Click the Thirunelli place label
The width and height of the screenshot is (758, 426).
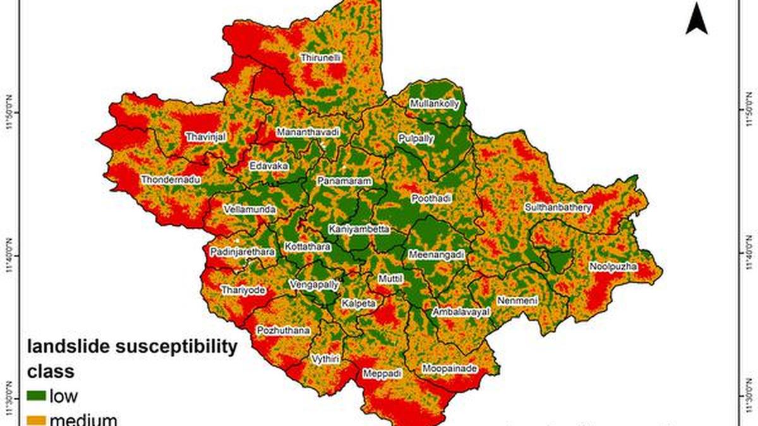(321, 57)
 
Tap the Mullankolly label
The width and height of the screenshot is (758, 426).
(435, 104)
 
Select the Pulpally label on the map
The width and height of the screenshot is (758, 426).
(416, 139)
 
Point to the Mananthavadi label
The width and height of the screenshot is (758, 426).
(308, 133)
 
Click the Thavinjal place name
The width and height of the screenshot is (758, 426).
(205, 136)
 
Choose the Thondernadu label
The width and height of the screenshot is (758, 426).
(171, 180)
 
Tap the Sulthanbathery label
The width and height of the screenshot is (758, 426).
(558, 207)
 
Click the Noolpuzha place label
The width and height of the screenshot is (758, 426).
(613, 267)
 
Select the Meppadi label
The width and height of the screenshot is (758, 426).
(382, 374)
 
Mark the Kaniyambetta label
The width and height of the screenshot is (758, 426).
(359, 229)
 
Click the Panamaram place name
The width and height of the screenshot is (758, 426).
(344, 181)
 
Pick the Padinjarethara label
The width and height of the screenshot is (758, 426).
(243, 252)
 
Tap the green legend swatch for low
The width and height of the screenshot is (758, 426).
(36, 396)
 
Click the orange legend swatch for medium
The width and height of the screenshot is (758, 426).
(36, 420)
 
